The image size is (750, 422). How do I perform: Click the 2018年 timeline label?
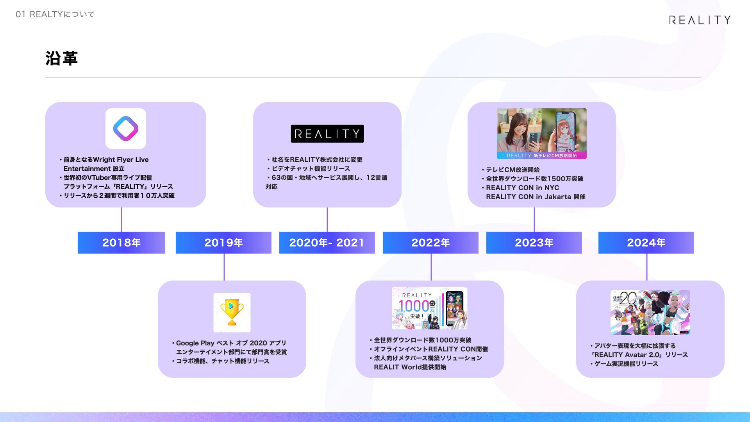[121, 243]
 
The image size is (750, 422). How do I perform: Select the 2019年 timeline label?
[223, 243]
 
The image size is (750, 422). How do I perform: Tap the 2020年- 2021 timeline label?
[327, 243]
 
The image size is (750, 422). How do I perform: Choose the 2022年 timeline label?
[430, 243]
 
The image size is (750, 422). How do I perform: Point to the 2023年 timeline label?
[534, 243]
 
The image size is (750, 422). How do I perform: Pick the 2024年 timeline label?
[646, 243]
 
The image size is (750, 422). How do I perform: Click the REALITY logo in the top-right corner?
[700, 20]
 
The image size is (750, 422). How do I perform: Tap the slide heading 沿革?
[62, 58]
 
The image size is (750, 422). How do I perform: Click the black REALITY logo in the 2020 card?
[327, 134]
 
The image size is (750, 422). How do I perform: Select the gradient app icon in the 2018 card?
[126, 129]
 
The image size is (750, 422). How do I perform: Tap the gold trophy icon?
[232, 312]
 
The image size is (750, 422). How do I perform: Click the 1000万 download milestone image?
[430, 308]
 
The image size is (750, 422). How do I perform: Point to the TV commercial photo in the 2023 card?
[541, 134]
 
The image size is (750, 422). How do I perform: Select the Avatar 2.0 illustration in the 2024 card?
[650, 313]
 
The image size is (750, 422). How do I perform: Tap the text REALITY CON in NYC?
[522, 188]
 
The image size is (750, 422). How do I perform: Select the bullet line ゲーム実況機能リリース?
[626, 364]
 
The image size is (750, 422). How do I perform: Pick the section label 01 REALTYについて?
[55, 14]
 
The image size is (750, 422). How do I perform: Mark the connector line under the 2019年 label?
[224, 267]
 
